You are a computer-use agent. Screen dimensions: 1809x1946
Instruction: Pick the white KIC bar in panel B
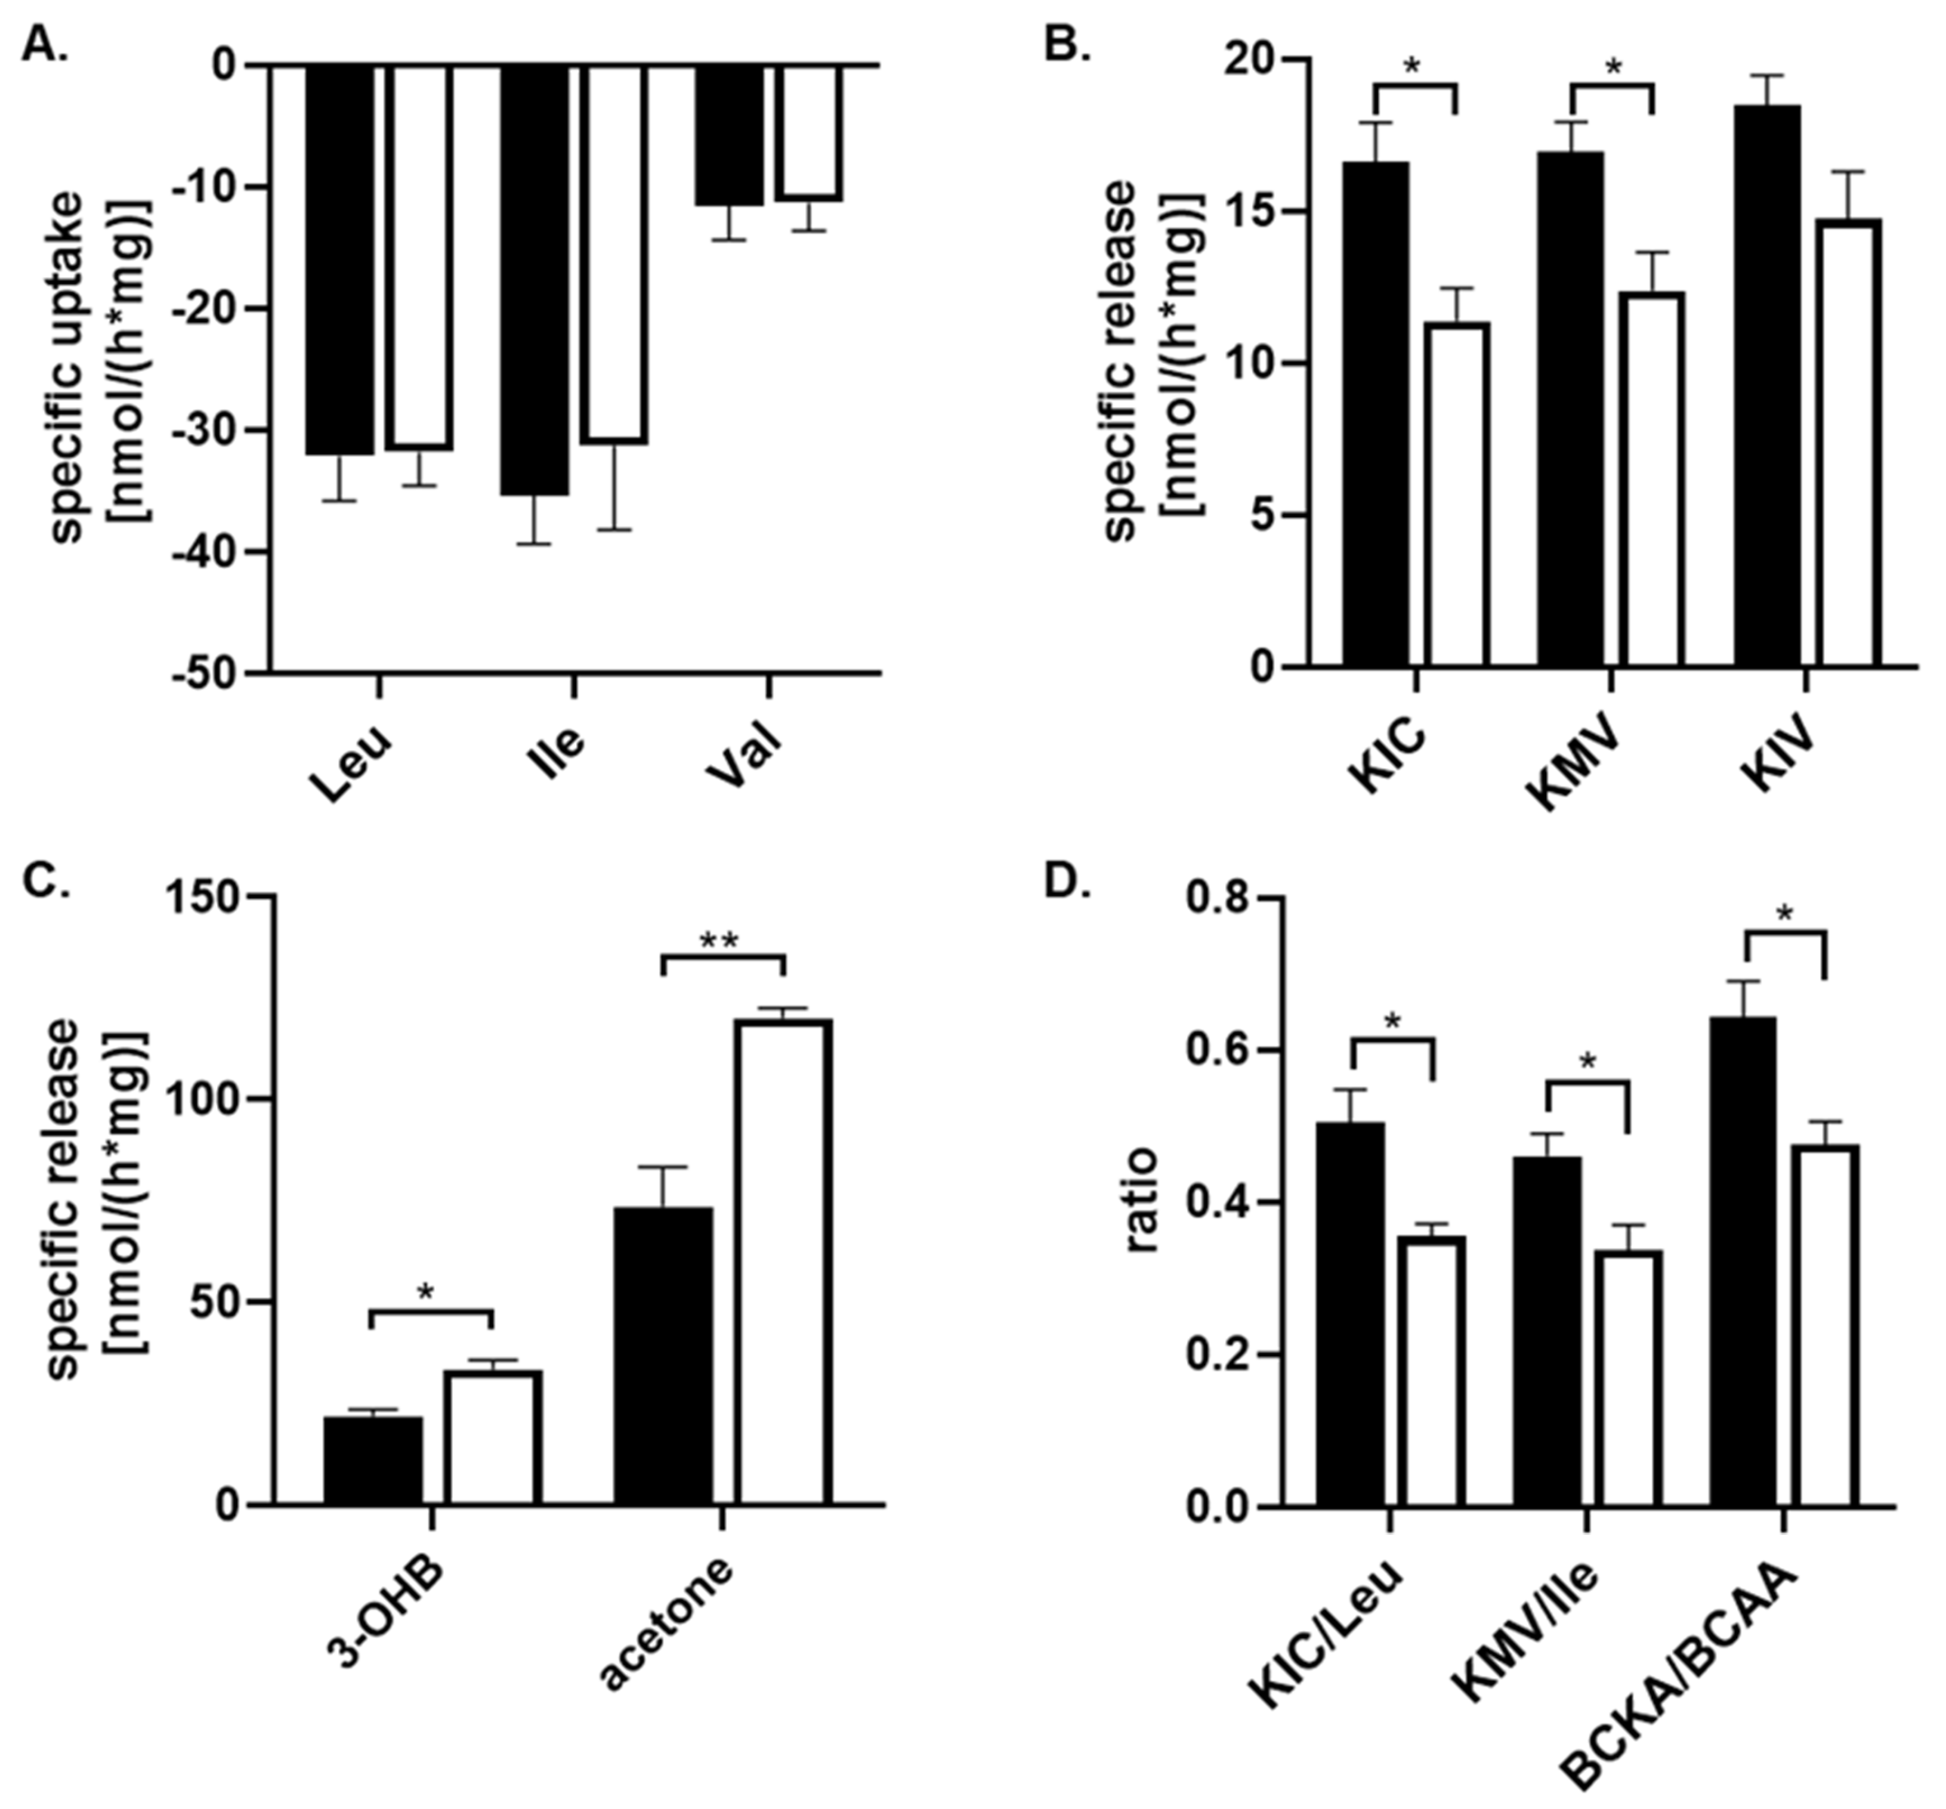pos(1457,494)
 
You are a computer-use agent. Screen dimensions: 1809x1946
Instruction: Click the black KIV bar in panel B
pos(1767,386)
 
